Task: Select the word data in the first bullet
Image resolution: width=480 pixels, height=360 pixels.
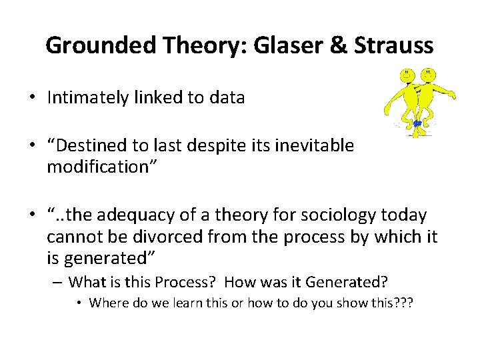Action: click(227, 98)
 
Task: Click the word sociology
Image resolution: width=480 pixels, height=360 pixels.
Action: click(338, 216)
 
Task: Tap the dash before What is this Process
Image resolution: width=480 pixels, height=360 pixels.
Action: click(59, 281)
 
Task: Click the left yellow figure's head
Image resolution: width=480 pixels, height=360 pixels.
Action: click(405, 74)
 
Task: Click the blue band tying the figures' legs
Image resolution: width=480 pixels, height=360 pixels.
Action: click(417, 123)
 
